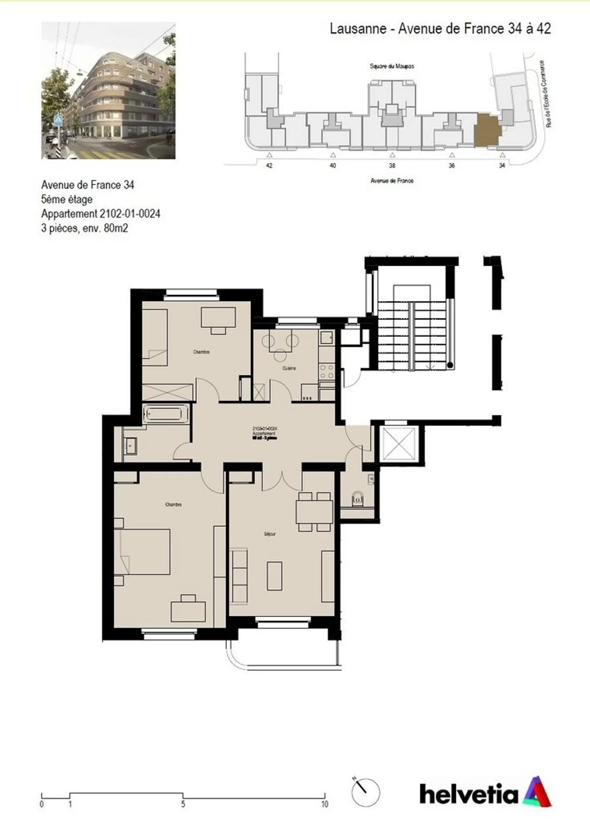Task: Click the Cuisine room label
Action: [289, 368]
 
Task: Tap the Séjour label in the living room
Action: [270, 534]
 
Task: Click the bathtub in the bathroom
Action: [166, 414]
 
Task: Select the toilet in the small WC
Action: [358, 499]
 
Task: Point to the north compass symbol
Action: [365, 792]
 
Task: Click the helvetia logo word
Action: [469, 794]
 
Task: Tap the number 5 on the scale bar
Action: [183, 804]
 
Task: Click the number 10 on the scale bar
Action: [324, 804]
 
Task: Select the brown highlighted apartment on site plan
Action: [486, 130]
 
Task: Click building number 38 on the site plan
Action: [392, 166]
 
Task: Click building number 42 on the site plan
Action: [269, 166]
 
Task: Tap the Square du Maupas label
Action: [392, 66]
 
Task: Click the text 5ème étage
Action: [67, 200]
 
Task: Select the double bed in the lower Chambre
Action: [143, 552]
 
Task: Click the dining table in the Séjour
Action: [314, 512]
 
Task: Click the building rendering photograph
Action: [108, 91]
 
